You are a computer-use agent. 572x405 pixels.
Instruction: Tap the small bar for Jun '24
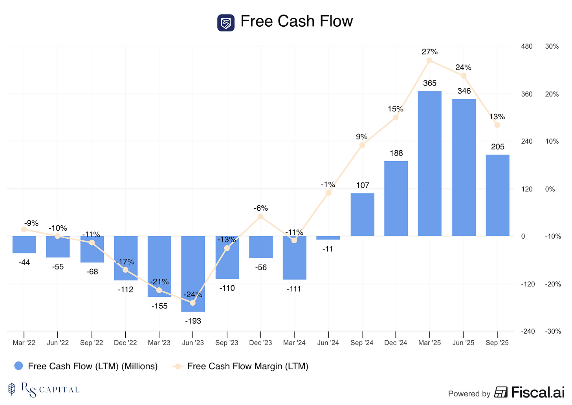[x=328, y=238]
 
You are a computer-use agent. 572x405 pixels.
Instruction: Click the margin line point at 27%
[x=429, y=60]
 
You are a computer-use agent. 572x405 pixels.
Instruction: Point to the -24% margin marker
[x=192, y=303]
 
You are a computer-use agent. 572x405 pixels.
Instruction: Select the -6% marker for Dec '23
[x=260, y=217]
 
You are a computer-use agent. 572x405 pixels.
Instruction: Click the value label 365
[x=430, y=83]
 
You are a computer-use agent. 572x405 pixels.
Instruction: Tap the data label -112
[x=126, y=290]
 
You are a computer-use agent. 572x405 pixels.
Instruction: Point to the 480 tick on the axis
[x=526, y=46]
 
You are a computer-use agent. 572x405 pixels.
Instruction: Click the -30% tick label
[x=553, y=331]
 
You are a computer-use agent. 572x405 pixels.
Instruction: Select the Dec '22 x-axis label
[x=125, y=343]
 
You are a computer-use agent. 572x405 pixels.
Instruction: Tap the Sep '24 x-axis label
[x=362, y=343]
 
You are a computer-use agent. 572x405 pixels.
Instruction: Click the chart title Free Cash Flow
[x=297, y=21]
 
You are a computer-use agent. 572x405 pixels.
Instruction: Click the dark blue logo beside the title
[x=226, y=23]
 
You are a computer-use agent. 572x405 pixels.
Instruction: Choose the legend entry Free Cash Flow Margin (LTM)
[x=247, y=366]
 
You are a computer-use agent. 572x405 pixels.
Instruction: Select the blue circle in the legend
[x=18, y=366]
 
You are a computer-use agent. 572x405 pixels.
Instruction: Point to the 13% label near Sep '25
[x=497, y=117]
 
